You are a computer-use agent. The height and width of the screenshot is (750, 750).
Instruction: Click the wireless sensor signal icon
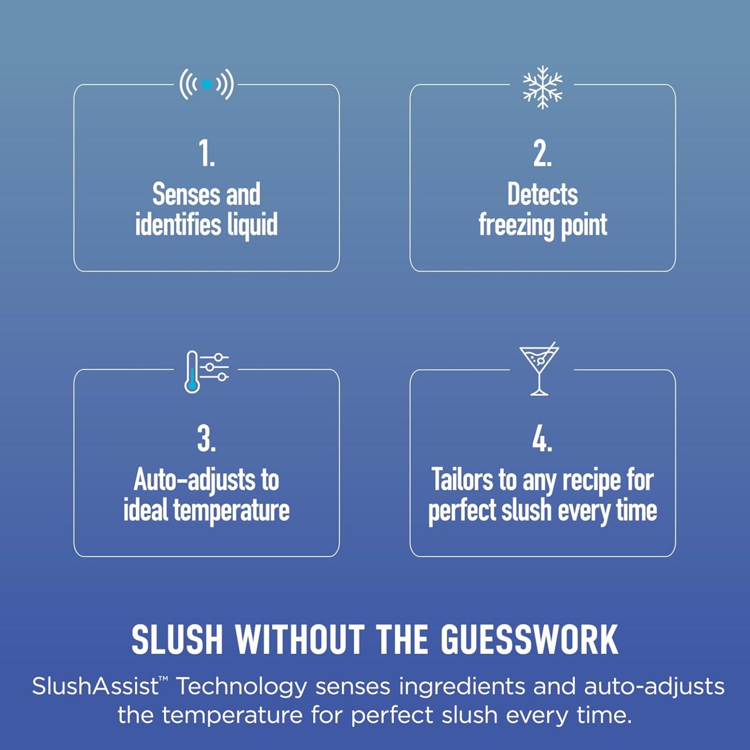click(206, 84)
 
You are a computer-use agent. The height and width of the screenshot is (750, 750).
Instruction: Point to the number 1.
click(206, 153)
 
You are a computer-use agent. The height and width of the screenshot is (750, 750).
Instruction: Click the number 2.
click(542, 153)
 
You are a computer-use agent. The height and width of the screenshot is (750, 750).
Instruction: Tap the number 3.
click(206, 439)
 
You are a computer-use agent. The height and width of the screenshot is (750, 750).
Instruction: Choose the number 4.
click(542, 439)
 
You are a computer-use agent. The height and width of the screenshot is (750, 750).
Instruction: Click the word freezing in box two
click(516, 225)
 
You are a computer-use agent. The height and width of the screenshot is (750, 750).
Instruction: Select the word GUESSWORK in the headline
click(529, 639)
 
